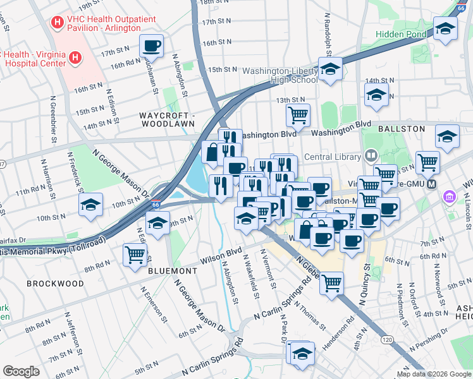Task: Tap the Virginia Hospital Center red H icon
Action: tap(75, 59)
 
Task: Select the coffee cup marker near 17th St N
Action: tap(152, 45)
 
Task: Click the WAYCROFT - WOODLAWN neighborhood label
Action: tap(168, 120)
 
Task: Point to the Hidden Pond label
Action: tap(402, 33)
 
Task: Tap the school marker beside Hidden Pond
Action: tap(446, 28)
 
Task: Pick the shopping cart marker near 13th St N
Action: tap(298, 115)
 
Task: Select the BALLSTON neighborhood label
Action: tap(401, 128)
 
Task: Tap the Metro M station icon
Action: tap(433, 184)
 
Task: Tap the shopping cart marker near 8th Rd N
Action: tap(135, 255)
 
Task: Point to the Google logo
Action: tap(21, 371)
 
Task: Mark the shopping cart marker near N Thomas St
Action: tap(331, 284)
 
